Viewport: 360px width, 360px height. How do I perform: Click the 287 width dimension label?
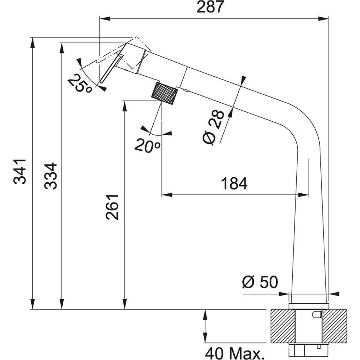(210, 7)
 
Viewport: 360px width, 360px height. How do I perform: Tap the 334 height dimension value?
(50, 176)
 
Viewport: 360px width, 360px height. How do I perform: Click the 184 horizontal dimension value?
(234, 184)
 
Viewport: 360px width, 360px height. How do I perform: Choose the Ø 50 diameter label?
(260, 283)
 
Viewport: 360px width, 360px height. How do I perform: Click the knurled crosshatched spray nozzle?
(165, 93)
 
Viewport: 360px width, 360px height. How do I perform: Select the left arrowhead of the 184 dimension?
(165, 195)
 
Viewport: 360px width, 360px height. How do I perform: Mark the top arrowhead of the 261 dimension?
(125, 104)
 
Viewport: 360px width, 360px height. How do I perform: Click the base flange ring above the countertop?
(309, 306)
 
